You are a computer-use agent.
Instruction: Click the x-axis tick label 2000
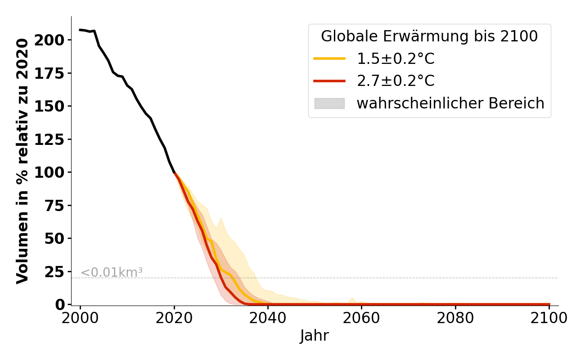(x=81, y=318)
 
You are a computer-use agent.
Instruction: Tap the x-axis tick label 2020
(x=174, y=318)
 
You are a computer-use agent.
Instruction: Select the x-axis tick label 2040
(x=268, y=318)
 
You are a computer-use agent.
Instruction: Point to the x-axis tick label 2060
(x=362, y=318)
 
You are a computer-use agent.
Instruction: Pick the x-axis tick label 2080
(x=455, y=318)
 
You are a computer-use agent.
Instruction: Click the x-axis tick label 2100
(x=549, y=318)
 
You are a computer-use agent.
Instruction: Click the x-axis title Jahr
(x=315, y=336)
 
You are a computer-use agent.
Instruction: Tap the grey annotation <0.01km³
(x=112, y=272)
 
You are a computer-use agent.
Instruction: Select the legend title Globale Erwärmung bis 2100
(x=429, y=36)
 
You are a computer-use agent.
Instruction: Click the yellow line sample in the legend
(x=329, y=59)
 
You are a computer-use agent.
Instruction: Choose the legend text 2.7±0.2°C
(x=396, y=81)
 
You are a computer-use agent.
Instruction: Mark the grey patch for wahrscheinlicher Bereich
(x=329, y=103)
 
